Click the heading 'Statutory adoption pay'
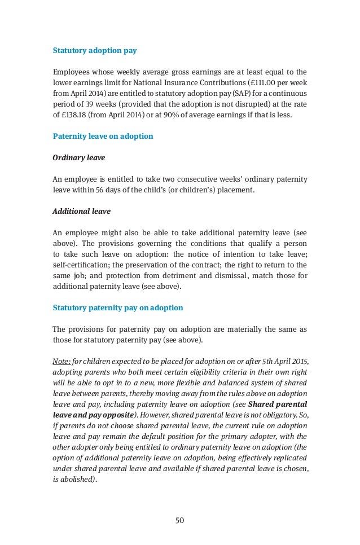[94, 50]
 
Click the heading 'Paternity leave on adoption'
[102, 136]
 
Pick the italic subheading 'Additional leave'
[81, 211]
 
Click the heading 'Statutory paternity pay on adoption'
[117, 307]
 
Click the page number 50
[180, 520]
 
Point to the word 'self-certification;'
[78, 265]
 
